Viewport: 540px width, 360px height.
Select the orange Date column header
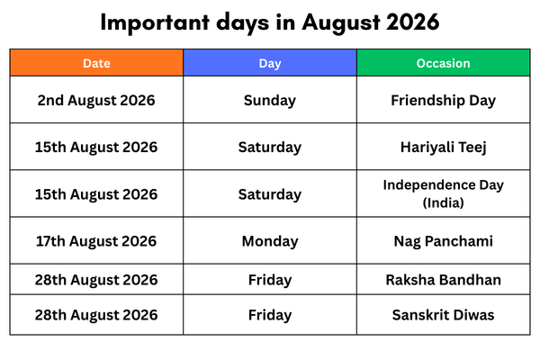(x=96, y=63)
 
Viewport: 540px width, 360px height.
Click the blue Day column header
(x=270, y=63)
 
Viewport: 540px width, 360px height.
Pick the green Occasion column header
(x=443, y=63)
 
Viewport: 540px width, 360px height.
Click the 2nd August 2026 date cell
(x=96, y=100)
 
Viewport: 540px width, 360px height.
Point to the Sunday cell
(x=270, y=100)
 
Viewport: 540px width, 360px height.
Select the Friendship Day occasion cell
(x=443, y=100)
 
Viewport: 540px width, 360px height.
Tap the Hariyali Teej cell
(x=443, y=147)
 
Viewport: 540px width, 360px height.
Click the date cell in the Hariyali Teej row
(x=96, y=147)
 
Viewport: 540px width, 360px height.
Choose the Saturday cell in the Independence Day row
(x=270, y=194)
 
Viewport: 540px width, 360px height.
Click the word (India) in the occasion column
(x=443, y=203)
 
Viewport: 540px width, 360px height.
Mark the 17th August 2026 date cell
(x=96, y=241)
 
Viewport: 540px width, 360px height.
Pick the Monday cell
(x=270, y=241)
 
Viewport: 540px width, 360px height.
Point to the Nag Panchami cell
(x=443, y=241)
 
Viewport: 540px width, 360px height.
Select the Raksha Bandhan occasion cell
(x=443, y=280)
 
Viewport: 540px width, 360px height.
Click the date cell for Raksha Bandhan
(x=96, y=280)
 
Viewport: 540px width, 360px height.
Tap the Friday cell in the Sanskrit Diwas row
(x=270, y=315)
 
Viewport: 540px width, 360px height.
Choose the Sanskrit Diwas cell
(x=443, y=315)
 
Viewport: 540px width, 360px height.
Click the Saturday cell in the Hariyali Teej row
(x=270, y=147)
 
